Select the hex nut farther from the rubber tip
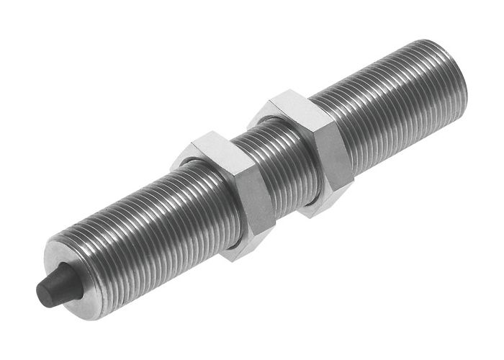click(310, 151)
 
